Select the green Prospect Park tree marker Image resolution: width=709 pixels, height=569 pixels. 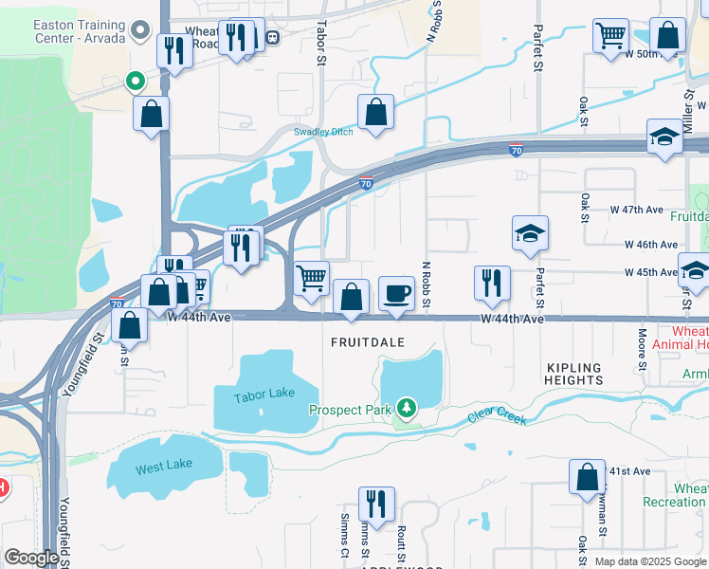tap(407, 408)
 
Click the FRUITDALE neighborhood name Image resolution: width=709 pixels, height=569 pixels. tap(368, 341)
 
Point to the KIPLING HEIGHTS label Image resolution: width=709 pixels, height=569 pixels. tap(574, 374)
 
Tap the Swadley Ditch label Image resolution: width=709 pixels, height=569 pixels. tap(322, 132)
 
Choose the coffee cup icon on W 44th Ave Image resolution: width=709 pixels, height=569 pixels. tap(396, 293)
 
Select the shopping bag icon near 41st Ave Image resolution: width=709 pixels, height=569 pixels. tap(587, 476)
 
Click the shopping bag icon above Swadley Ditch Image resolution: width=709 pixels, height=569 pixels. tap(376, 111)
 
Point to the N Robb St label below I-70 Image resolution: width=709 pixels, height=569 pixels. tap(427, 284)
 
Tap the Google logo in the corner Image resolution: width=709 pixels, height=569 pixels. tap(31, 558)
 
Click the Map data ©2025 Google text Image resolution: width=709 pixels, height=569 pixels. tap(649, 561)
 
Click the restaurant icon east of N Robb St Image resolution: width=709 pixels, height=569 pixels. tap(492, 283)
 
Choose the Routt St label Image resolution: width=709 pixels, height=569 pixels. tap(402, 545)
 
